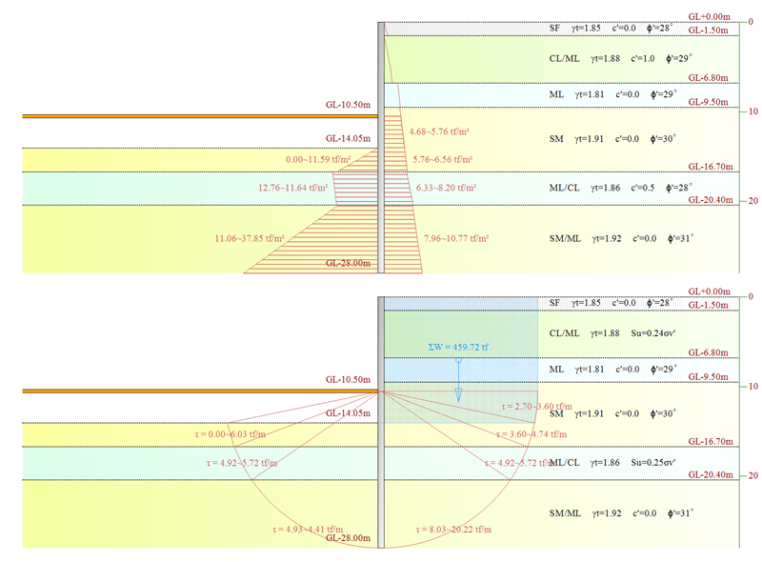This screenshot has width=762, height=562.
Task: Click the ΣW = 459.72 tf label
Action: pyautogui.click(x=458, y=348)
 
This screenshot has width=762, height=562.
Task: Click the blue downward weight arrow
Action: pyautogui.click(x=458, y=381)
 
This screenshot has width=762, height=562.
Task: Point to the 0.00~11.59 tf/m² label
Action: pyautogui.click(x=318, y=159)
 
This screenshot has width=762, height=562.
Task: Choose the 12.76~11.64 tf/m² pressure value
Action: pyautogui.click(x=292, y=188)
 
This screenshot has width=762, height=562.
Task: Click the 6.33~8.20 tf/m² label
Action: pyautogui.click(x=448, y=188)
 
